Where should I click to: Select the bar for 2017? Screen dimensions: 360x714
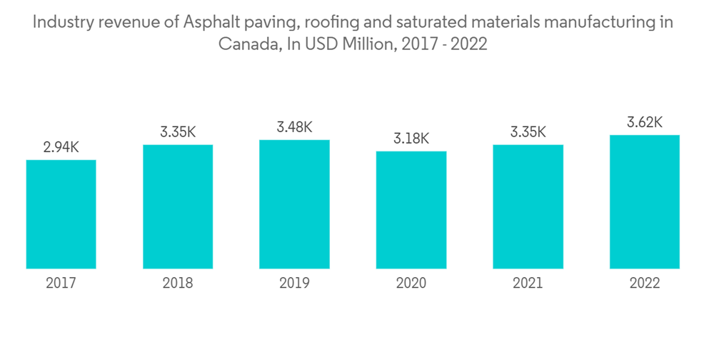[61, 214]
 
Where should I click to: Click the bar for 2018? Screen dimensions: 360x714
[178, 206]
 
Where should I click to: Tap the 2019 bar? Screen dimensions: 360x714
[294, 204]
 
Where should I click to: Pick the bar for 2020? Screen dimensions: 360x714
[411, 210]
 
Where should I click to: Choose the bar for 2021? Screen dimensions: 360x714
[528, 206]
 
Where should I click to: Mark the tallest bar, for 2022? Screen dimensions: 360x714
[644, 201]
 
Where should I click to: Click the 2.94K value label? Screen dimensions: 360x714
[61, 148]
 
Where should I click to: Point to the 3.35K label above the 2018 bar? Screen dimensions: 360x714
[178, 132]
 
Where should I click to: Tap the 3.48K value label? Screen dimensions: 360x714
[294, 127]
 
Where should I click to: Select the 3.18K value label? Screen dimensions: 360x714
[411, 139]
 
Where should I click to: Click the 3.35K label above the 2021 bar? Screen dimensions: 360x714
[528, 132]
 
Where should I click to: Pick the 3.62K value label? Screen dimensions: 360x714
[644, 123]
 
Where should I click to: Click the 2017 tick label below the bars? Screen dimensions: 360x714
[61, 284]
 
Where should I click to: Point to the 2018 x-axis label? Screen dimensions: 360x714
[178, 284]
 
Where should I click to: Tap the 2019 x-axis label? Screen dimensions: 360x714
[294, 284]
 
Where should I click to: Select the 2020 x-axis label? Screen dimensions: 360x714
[411, 284]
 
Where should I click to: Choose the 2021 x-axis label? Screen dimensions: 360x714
[528, 284]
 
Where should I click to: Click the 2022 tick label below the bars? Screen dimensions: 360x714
[644, 284]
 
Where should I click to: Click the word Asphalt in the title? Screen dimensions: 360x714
[208, 23]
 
